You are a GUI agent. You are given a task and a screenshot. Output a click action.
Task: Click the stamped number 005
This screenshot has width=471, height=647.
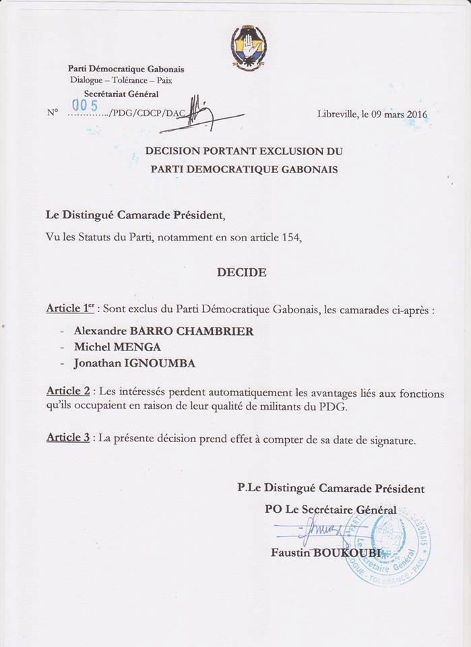[x=86, y=105]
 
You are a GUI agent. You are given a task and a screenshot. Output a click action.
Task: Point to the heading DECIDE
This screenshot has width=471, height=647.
[x=241, y=272]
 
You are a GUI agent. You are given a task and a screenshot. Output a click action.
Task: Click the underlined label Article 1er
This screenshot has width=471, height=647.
[x=70, y=309]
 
